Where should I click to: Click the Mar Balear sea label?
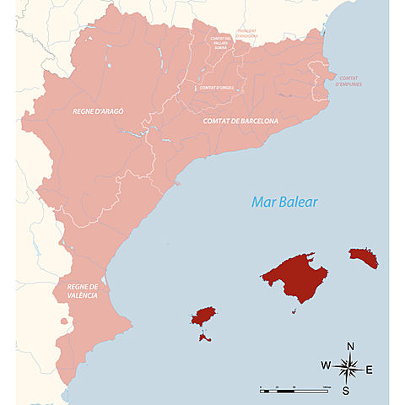283,202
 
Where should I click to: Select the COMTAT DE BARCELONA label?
240,121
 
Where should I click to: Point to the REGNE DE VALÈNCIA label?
84,291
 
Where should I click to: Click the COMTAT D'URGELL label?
218,88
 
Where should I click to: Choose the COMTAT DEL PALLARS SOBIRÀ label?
219,44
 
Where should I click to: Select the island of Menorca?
364,256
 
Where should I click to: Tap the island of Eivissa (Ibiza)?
203,316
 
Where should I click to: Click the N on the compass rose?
350,346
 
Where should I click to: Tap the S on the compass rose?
346,391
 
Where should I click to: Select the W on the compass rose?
326,365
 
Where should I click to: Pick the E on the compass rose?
369,370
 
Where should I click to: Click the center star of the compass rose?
348,368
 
